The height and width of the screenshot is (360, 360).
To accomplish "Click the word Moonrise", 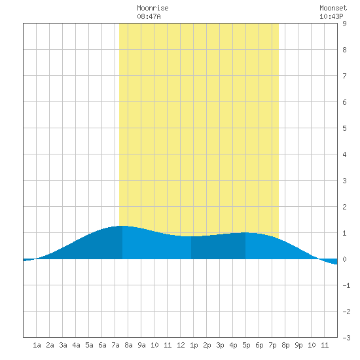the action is point(153,8).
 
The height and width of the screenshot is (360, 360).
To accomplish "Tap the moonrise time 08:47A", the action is point(149,16).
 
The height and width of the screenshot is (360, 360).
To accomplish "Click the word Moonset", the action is point(333,8).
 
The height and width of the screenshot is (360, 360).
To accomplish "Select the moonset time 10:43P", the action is point(331,16).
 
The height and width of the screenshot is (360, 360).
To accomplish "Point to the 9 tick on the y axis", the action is point(344,24).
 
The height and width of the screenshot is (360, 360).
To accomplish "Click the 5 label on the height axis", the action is point(344,128).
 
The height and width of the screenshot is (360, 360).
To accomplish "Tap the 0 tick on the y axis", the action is point(344,259).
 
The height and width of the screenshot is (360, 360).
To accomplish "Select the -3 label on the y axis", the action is point(346,338).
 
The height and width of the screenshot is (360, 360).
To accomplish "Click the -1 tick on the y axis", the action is point(346,285).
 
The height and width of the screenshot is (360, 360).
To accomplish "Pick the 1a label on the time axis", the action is point(37,345).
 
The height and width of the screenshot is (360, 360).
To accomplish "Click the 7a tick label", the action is point(115,345).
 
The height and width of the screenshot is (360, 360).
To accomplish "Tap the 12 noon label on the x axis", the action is point(181,345).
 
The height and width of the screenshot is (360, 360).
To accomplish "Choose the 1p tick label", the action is point(194,345).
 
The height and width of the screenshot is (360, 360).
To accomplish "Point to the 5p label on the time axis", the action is point(246,345).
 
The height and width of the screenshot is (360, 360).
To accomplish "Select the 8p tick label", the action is point(285,345).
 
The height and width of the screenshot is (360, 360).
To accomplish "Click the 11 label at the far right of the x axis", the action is point(325,345).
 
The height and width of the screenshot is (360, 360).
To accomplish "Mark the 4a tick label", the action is point(76,345).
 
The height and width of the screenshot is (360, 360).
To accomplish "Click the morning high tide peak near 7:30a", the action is point(122,226).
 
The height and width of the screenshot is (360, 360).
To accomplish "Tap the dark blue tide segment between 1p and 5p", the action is point(219,247).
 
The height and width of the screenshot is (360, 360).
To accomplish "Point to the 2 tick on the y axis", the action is point(344,207).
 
